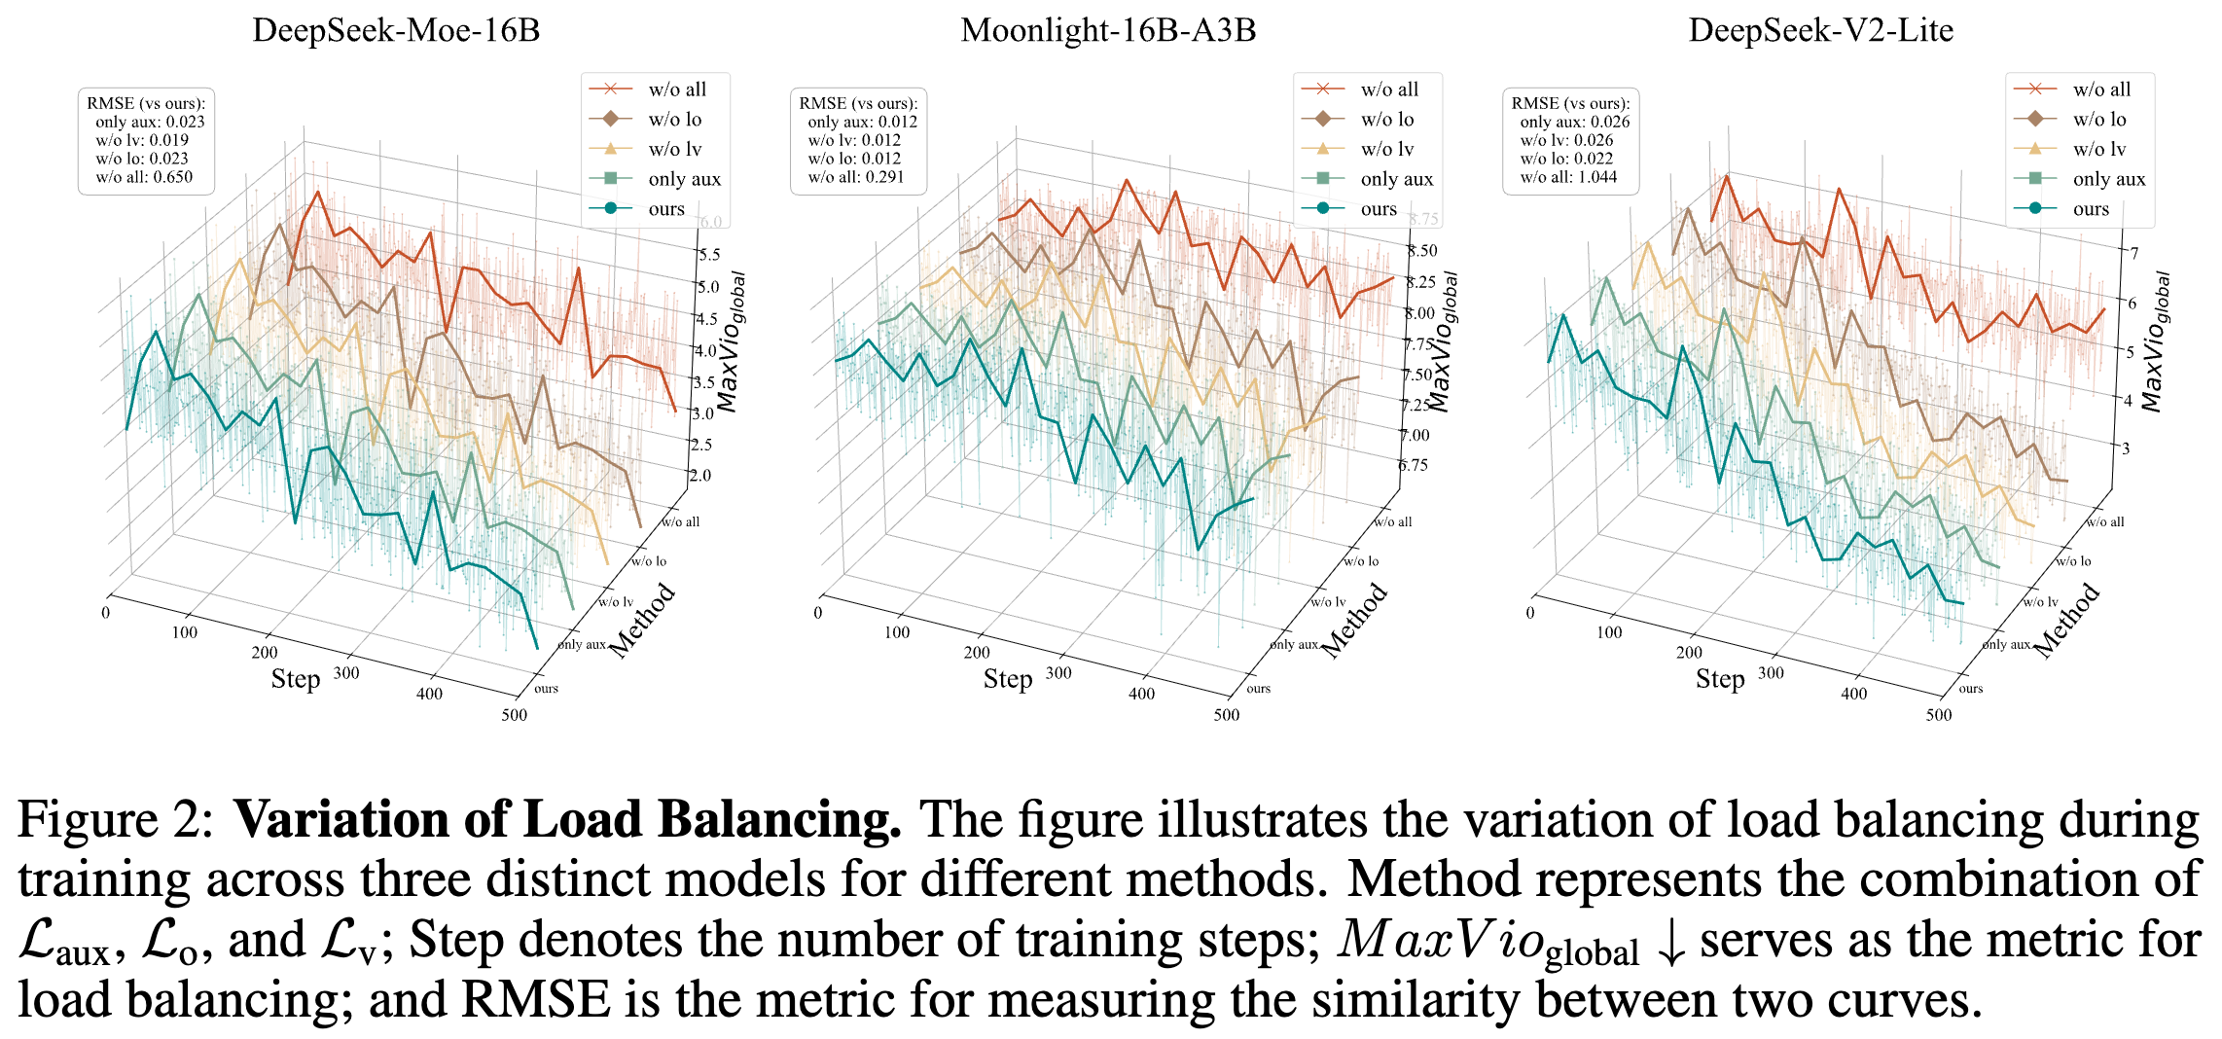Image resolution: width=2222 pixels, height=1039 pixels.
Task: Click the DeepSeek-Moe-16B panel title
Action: click(396, 30)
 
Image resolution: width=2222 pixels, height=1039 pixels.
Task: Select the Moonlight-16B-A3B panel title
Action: click(1108, 30)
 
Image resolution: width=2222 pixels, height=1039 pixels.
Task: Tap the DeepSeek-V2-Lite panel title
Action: click(1820, 30)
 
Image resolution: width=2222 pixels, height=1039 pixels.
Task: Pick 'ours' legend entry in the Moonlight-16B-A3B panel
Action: click(1378, 209)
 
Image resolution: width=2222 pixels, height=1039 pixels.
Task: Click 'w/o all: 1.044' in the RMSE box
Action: click(1568, 177)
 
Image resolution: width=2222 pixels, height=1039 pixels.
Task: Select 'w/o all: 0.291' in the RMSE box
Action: click(856, 177)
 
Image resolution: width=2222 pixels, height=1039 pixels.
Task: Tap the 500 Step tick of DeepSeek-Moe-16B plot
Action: click(515, 715)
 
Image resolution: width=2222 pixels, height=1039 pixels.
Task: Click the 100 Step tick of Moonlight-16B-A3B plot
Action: click(897, 632)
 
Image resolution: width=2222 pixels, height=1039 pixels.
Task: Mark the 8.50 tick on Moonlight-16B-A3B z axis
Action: click(1422, 251)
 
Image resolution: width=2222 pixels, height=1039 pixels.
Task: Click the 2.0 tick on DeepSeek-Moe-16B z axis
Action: click(700, 476)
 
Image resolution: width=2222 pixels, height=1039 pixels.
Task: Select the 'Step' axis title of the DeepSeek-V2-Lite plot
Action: click(1719, 679)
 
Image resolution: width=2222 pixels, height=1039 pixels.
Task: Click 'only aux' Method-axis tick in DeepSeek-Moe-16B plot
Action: click(582, 644)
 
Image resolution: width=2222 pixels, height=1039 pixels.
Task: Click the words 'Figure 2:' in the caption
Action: click(115, 819)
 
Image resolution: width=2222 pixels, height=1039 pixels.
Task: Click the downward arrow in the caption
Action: click(1670, 944)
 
